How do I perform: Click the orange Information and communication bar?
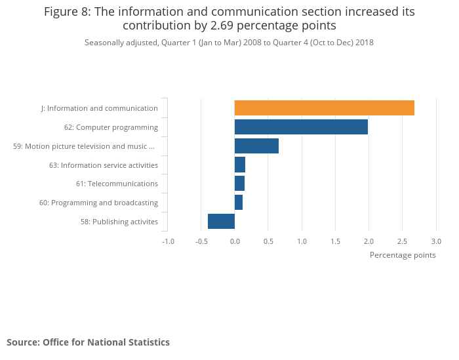pos(324,108)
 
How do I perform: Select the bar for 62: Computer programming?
pos(301,127)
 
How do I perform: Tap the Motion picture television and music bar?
pos(256,146)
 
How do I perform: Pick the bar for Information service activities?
pos(240,165)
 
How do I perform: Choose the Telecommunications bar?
pos(239,184)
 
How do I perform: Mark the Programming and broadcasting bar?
pos(239,203)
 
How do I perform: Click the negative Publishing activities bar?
pos(221,222)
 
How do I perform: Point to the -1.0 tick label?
pos(168,241)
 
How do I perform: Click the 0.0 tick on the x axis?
pos(235,241)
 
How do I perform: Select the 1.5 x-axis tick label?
pos(335,241)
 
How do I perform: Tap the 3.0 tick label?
pos(435,241)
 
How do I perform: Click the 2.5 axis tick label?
pos(402,241)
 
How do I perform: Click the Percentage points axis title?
pos(403,255)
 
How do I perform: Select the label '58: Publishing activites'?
pos(119,222)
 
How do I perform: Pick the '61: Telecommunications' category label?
pos(117,184)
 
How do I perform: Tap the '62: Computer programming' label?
pos(111,127)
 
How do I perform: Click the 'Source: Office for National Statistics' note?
pos(88,342)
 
